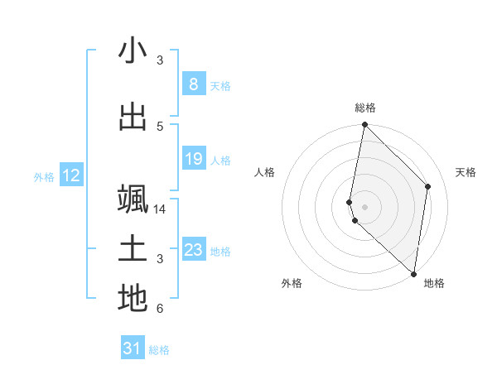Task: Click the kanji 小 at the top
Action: (x=133, y=51)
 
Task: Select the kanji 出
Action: (x=133, y=117)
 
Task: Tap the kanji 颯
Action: (x=133, y=199)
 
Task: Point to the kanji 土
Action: (x=133, y=250)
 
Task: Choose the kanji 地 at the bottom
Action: (x=133, y=299)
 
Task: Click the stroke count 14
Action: (x=160, y=209)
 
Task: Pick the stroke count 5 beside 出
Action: (x=160, y=127)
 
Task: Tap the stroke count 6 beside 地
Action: (x=160, y=310)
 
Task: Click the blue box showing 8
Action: (x=193, y=84)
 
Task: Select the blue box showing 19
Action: (x=193, y=159)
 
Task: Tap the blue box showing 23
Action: (x=193, y=250)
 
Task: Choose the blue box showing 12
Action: (x=70, y=175)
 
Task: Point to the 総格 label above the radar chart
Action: (x=365, y=108)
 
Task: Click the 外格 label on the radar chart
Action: (x=292, y=284)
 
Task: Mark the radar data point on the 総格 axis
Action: (x=364, y=125)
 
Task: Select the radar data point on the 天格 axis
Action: (x=428, y=186)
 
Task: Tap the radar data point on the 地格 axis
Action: (x=413, y=273)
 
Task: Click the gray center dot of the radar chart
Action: (x=364, y=206)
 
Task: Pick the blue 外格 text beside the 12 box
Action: (x=43, y=176)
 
